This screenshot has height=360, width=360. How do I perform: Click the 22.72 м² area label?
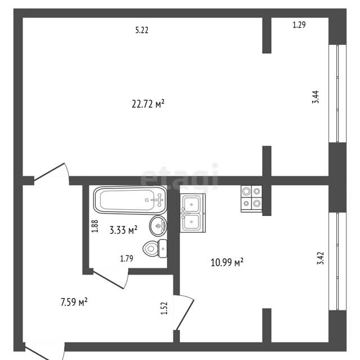click(x=148, y=103)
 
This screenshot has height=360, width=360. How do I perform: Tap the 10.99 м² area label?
click(x=227, y=262)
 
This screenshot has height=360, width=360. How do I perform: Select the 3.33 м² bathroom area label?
click(x=124, y=230)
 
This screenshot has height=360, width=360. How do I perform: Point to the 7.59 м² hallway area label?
click(x=74, y=302)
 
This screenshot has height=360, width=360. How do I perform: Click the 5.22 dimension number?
click(x=142, y=30)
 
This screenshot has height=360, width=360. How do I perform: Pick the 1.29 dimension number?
click(x=299, y=25)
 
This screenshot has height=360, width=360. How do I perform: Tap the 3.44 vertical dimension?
click(x=316, y=97)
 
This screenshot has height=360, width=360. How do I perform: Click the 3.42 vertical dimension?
click(x=321, y=258)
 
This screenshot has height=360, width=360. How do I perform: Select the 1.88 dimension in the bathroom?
click(x=95, y=226)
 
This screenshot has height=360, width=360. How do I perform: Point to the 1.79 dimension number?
click(x=127, y=259)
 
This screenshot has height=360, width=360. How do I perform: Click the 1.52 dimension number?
click(x=164, y=308)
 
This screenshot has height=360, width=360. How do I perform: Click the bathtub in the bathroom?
click(x=130, y=200)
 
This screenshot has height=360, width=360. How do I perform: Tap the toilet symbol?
click(x=155, y=249)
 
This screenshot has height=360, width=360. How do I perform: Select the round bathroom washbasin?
click(x=158, y=226)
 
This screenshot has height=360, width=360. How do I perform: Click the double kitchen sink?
click(x=192, y=213)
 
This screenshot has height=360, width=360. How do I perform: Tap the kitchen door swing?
click(x=184, y=312)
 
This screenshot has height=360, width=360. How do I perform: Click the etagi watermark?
click(x=179, y=176)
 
